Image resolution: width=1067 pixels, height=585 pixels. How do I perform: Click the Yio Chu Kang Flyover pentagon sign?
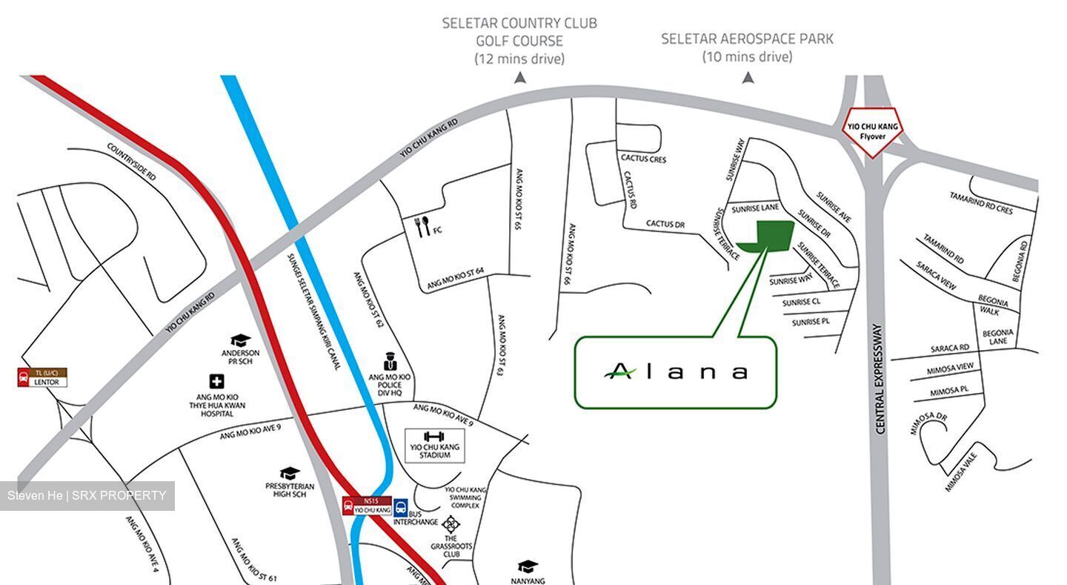[874, 131]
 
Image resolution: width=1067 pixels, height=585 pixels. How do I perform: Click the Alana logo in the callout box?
[675, 371]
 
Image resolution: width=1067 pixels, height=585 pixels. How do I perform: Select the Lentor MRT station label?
[42, 377]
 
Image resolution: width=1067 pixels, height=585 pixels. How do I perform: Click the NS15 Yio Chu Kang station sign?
[367, 506]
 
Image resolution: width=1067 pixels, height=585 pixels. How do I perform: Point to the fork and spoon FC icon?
[423, 227]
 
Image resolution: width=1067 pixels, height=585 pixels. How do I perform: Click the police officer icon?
[390, 363]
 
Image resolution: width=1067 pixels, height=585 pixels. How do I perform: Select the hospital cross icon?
[216, 382]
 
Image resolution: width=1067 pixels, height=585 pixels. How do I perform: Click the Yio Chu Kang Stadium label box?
[435, 445]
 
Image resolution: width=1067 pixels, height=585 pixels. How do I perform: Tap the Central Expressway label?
[880, 378]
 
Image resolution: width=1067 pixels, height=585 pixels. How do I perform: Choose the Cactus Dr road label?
[665, 223]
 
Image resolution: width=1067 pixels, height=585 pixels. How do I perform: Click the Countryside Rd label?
[132, 162]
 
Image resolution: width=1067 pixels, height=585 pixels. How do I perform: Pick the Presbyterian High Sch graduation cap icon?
[290, 473]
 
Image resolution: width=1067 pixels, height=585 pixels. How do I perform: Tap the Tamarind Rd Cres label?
[981, 202]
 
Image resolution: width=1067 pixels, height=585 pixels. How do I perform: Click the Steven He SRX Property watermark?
[87, 495]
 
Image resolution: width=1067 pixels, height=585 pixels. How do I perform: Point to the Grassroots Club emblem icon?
[451, 523]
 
